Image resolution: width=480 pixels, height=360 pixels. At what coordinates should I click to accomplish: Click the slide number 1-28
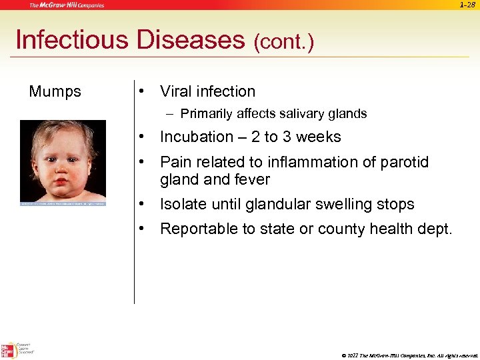click(467, 5)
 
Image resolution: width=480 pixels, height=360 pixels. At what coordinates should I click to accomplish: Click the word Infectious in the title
click(71, 40)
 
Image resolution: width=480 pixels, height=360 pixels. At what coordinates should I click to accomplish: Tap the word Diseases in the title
click(189, 40)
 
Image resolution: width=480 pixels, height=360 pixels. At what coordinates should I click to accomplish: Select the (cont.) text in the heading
click(283, 43)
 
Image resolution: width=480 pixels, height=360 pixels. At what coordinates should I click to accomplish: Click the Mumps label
click(55, 92)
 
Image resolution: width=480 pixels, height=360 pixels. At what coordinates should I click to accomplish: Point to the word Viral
click(178, 92)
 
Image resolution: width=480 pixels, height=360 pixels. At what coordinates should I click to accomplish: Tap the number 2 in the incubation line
click(256, 137)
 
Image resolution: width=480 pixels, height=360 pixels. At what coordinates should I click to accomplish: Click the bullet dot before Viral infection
click(141, 92)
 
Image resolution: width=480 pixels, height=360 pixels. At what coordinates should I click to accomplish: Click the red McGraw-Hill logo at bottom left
click(9, 349)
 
